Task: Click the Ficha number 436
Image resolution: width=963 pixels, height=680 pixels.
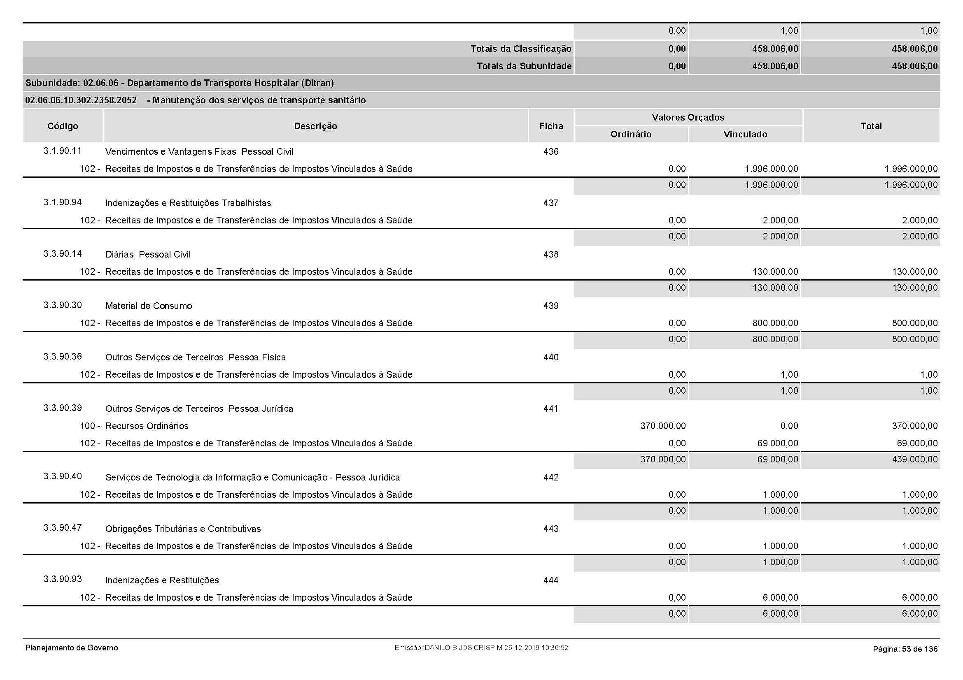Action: (x=551, y=152)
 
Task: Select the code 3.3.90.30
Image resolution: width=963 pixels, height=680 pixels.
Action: (x=63, y=305)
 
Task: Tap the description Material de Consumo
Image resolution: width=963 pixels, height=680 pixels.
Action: (x=149, y=306)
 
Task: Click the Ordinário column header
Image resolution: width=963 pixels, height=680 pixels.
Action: (x=631, y=134)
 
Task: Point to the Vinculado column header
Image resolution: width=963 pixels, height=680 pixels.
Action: (x=745, y=134)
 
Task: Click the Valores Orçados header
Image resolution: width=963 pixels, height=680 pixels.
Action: (x=688, y=117)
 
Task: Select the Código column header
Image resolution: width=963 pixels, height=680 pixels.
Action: (x=63, y=126)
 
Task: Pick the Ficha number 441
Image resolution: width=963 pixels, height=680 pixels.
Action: (x=551, y=408)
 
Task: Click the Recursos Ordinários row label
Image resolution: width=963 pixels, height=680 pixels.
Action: (x=147, y=426)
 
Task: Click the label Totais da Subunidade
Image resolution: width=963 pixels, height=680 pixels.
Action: (x=524, y=66)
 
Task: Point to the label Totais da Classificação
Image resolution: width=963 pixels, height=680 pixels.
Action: (x=520, y=49)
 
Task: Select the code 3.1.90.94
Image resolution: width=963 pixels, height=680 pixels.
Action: (x=63, y=202)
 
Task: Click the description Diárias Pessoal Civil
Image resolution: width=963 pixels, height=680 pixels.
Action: (x=148, y=254)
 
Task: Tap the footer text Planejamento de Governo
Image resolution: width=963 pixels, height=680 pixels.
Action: (x=71, y=648)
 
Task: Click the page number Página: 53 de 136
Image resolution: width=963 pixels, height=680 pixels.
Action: (x=905, y=649)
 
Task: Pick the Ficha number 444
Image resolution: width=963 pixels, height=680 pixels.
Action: (x=551, y=580)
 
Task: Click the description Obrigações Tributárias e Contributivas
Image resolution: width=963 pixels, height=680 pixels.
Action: (x=183, y=529)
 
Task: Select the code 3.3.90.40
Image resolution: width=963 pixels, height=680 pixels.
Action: (x=63, y=476)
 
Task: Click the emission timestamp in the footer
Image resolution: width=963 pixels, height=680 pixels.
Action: (x=481, y=648)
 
